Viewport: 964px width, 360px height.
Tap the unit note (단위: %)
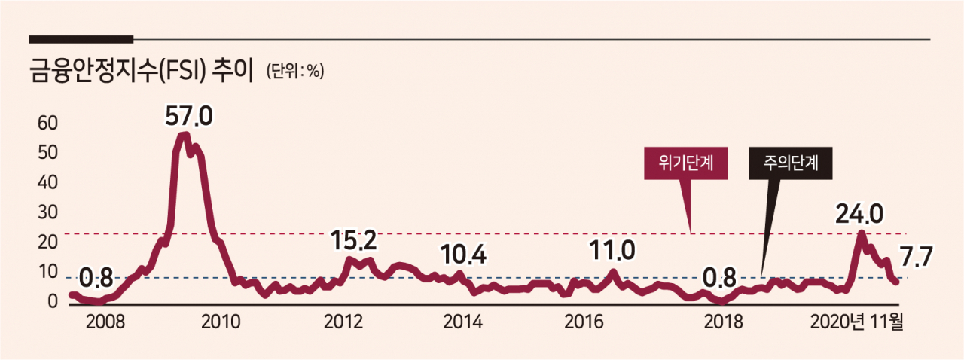click(x=294, y=71)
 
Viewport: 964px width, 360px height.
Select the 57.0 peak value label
click(x=189, y=116)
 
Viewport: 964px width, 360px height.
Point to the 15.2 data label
click(x=354, y=240)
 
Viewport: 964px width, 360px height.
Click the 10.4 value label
click(x=463, y=255)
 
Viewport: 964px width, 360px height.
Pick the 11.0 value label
click(x=612, y=250)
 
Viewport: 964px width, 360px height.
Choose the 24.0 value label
click(x=859, y=214)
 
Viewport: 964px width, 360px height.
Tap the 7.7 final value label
click(x=916, y=257)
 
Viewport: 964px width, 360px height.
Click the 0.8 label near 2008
click(x=96, y=278)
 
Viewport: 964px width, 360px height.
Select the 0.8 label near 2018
click(x=719, y=278)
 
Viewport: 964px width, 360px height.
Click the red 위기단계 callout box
click(x=685, y=163)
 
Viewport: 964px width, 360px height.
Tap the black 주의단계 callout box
click(x=791, y=163)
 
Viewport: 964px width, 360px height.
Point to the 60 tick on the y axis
click(x=47, y=124)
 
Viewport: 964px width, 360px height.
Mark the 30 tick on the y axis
click(x=47, y=212)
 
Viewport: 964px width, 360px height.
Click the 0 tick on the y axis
click(x=53, y=301)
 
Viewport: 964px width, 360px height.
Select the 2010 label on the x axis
click(x=221, y=322)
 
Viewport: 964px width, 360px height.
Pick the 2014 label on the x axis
click(x=462, y=322)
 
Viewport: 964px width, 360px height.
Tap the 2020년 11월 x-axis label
click(x=856, y=322)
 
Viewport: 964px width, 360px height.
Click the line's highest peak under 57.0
click(x=184, y=135)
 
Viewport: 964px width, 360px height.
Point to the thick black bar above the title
click(x=81, y=40)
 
